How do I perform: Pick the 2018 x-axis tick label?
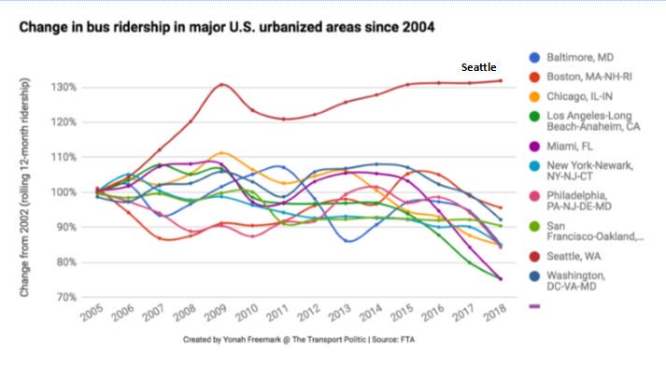click(496, 313)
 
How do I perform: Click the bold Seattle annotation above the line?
click(479, 68)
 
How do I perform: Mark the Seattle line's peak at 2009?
click(220, 84)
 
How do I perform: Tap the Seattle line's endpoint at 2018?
click(501, 80)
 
